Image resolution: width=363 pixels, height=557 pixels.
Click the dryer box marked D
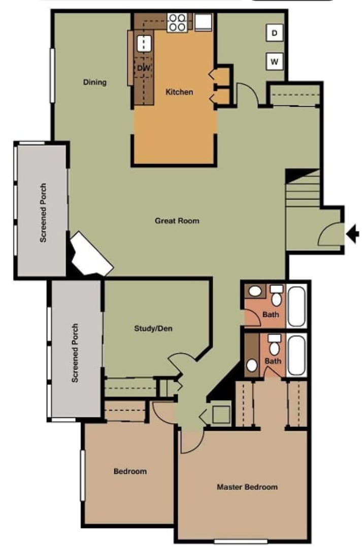click(x=275, y=33)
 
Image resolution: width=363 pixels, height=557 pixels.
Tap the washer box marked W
click(x=275, y=62)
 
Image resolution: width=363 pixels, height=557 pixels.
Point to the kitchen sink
click(x=145, y=43)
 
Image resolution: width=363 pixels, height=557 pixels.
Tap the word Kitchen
click(x=179, y=92)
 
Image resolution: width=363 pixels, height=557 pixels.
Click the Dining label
click(x=95, y=82)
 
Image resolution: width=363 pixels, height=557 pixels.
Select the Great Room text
click(x=177, y=220)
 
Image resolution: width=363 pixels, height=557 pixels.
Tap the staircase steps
click(x=303, y=193)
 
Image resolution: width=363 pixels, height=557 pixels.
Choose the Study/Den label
click(x=153, y=328)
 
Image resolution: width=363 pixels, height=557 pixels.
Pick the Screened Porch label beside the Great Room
click(x=43, y=212)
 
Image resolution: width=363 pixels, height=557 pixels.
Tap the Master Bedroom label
click(x=247, y=486)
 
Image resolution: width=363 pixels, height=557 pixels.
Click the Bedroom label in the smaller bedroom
click(x=130, y=471)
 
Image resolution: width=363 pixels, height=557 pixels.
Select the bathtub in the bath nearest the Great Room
click(x=296, y=306)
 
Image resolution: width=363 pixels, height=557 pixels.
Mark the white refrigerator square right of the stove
click(x=204, y=22)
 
